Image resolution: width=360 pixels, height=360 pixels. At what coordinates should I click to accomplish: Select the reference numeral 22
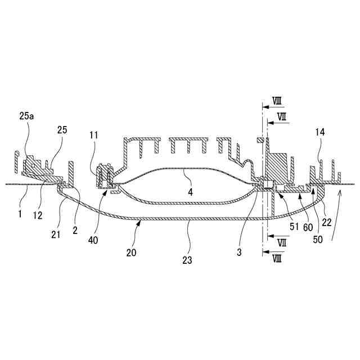click(x=327, y=222)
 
